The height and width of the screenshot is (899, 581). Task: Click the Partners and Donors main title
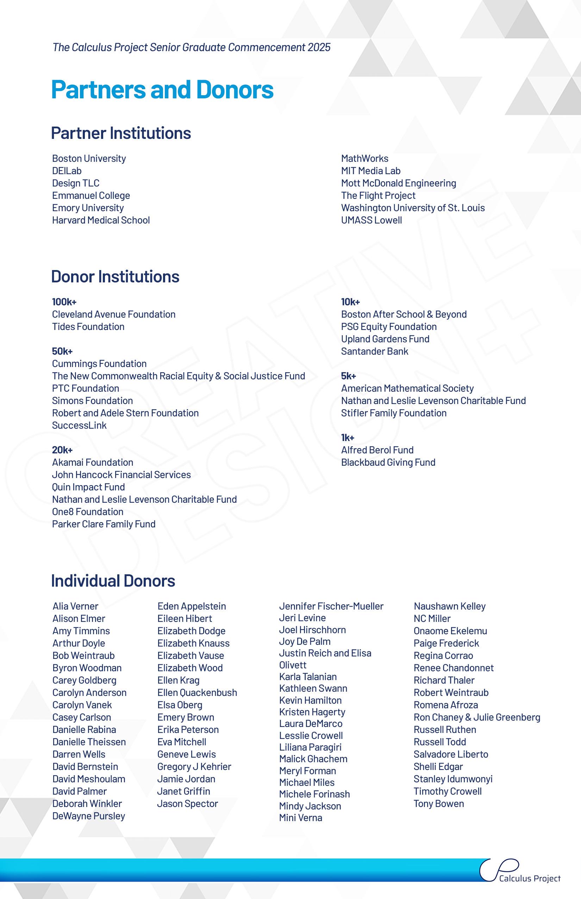coord(162,90)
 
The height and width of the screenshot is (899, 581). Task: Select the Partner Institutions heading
coord(121,133)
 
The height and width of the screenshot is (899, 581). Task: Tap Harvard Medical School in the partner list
coord(101,220)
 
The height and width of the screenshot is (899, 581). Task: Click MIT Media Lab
coord(370,171)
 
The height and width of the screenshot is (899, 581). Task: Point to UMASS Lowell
coord(371,220)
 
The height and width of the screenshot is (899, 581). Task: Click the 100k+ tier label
coord(64,302)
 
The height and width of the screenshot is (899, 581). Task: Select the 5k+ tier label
coord(348,376)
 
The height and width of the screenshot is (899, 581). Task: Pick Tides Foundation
coord(88,327)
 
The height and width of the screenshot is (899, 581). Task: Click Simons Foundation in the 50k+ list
coord(92,401)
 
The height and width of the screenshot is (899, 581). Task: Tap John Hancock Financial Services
coord(121,475)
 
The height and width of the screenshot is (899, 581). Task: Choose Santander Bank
coord(374,351)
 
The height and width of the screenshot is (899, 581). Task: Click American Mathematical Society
coord(407,388)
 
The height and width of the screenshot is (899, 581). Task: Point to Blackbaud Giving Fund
coord(388,462)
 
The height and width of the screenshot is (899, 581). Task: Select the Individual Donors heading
coord(113,581)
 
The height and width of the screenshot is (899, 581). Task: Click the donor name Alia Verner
coord(75,606)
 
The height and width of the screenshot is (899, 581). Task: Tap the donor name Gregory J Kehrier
coord(194,766)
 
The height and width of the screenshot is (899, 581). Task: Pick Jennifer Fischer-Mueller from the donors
coord(331,606)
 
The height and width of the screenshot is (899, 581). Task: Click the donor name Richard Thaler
coord(444,680)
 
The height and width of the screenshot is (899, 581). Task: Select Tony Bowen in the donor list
coord(438,803)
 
